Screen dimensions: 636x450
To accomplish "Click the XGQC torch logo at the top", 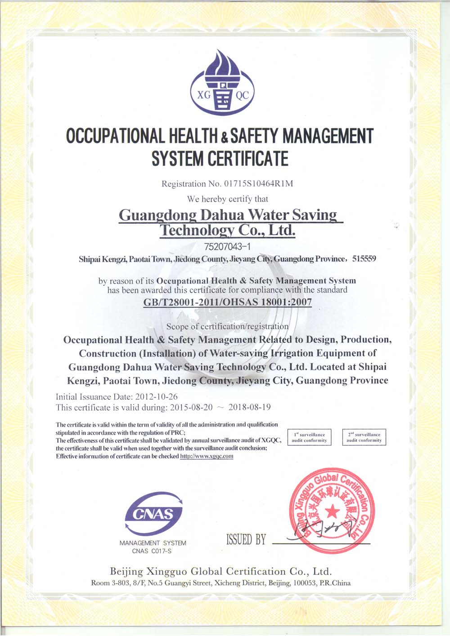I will [x=222, y=84].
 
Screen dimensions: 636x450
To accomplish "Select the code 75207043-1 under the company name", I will [x=227, y=246].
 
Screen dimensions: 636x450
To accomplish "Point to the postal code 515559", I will [x=364, y=259].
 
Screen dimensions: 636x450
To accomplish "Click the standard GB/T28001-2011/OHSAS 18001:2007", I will [x=227, y=302].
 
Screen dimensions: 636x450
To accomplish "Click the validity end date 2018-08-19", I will [x=249, y=408].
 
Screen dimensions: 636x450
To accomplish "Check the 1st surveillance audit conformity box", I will [x=309, y=437].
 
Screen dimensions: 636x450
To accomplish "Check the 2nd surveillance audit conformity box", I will [x=364, y=437].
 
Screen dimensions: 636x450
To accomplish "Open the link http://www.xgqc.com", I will [x=207, y=456].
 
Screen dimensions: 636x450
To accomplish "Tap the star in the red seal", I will [x=332, y=511].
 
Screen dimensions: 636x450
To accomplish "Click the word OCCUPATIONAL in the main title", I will [x=115, y=136].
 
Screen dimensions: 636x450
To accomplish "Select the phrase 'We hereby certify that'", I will [x=228, y=199].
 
